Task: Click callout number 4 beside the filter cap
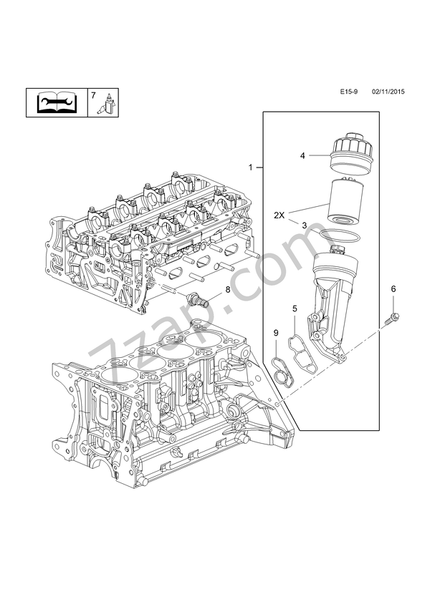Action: pyautogui.click(x=303, y=155)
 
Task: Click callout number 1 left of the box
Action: pyautogui.click(x=251, y=167)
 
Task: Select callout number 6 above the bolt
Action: pyautogui.click(x=393, y=288)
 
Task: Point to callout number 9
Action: pyautogui.click(x=276, y=332)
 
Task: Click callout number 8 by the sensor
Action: pyautogui.click(x=208, y=289)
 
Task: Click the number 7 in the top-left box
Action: pyautogui.click(x=92, y=95)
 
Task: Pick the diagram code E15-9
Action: pyautogui.click(x=350, y=93)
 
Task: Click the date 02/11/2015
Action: pyautogui.click(x=388, y=93)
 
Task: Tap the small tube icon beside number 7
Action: pyautogui.click(x=107, y=105)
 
